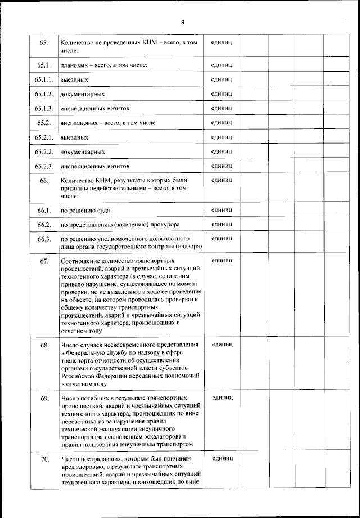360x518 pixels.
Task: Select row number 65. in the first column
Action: [x=43, y=43]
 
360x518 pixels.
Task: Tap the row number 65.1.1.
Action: [x=43, y=80]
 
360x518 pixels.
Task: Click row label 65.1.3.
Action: [x=43, y=108]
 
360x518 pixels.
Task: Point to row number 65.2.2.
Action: [x=43, y=152]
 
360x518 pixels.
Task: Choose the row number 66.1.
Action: [x=44, y=211]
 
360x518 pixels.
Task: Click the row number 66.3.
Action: [x=44, y=239]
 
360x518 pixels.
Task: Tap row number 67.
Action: [x=44, y=261]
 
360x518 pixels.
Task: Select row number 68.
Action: [x=44, y=345]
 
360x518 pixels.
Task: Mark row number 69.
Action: [x=44, y=398]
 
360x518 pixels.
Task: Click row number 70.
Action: [x=44, y=460]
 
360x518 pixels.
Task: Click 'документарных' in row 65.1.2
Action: [x=82, y=94]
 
